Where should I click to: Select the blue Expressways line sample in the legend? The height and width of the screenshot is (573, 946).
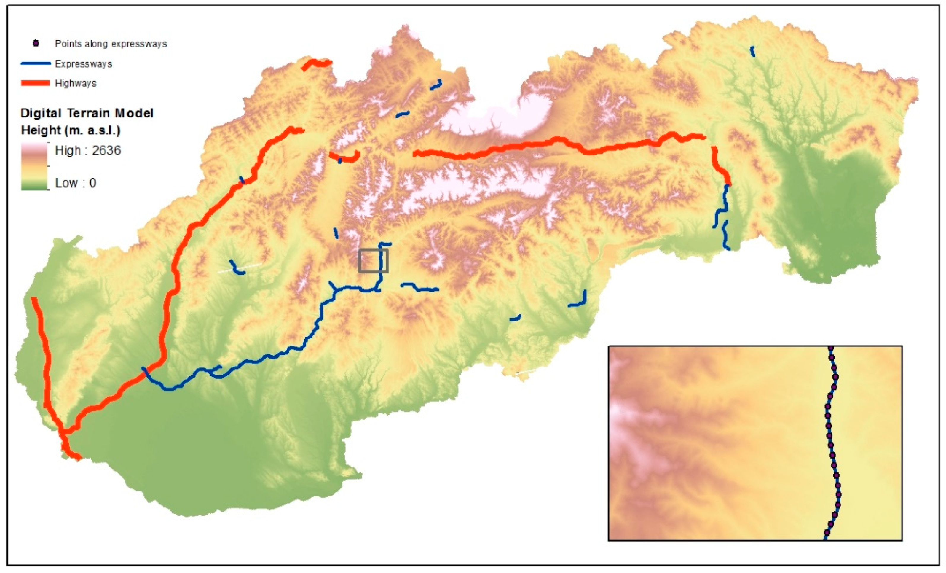pos(35,63)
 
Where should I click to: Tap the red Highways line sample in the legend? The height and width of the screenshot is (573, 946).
pos(35,83)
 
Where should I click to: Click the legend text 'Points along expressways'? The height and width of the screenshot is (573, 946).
pos(111,44)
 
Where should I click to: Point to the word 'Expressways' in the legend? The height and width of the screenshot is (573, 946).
pos(83,64)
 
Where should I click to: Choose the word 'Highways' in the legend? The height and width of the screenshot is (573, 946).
pos(76,83)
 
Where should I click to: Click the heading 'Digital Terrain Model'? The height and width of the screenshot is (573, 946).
pos(87,113)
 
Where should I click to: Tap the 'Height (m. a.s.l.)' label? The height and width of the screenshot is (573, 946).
pos(71,130)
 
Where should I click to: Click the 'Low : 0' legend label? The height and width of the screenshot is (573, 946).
pos(75,183)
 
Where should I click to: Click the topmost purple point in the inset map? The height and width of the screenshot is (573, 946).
pos(831,348)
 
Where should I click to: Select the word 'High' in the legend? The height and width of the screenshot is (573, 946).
pos(68,150)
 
